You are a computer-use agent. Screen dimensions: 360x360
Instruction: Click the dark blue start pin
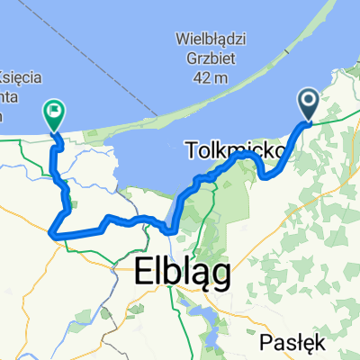pyautogui.click(x=307, y=104)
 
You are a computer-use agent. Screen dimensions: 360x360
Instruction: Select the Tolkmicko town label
pyautogui.click(x=236, y=148)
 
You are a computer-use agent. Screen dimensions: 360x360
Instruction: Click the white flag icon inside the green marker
pyautogui.click(x=54, y=112)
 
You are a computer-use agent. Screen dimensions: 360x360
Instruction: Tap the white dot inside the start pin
pyautogui.click(x=307, y=103)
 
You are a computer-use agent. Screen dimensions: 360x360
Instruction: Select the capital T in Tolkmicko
pyautogui.click(x=193, y=148)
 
